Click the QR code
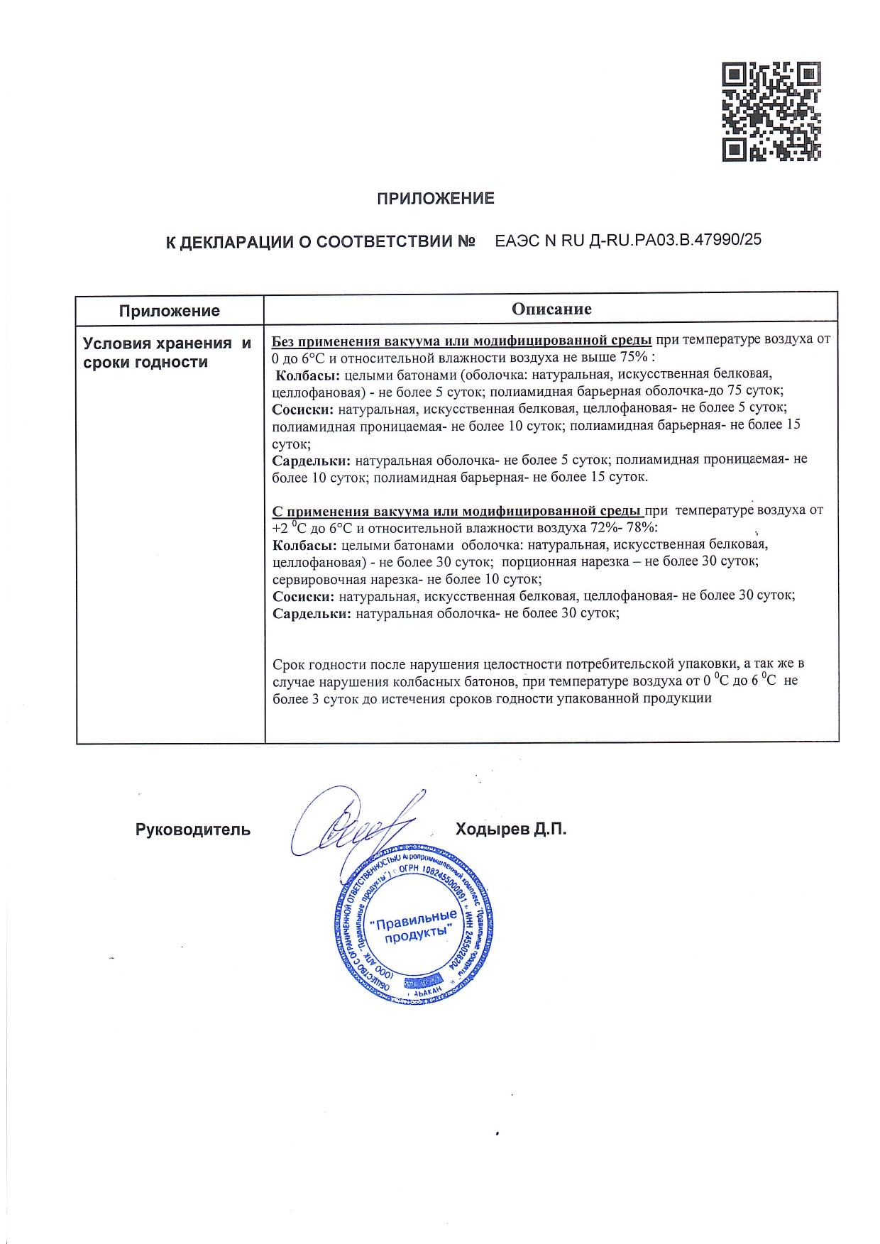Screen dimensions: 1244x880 tap(771, 111)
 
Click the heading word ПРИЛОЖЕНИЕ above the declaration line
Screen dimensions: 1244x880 tap(435, 199)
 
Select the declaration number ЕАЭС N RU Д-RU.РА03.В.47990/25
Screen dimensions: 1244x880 tap(627, 240)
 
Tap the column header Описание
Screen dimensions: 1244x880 tap(551, 309)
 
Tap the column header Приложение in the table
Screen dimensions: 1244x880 tap(169, 311)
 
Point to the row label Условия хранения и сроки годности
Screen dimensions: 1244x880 tap(166, 353)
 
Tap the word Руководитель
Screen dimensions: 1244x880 tap(192, 830)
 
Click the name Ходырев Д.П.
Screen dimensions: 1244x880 tap(510, 829)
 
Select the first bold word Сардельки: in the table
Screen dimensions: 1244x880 tap(311, 460)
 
